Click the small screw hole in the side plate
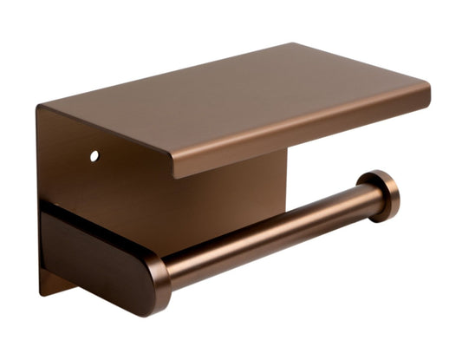pos(94,156)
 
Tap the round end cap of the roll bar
pos(382,194)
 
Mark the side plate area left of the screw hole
pos(65,156)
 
